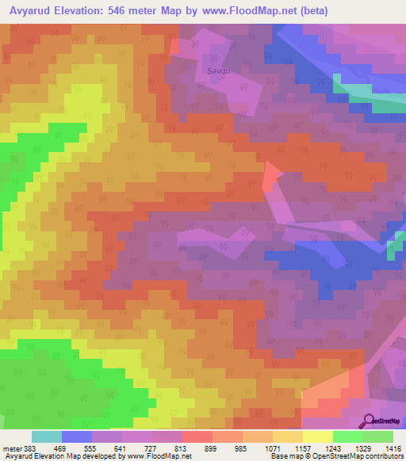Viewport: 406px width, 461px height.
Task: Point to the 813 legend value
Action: pyautogui.click(x=182, y=449)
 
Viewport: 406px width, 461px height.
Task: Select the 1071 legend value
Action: pyautogui.click(x=272, y=449)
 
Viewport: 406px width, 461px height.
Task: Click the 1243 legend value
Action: pyautogui.click(x=332, y=449)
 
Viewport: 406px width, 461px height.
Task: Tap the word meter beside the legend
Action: pyautogui.click(x=12, y=449)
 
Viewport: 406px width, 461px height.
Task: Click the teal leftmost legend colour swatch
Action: pyautogui.click(x=47, y=436)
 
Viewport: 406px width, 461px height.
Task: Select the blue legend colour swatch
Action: pyautogui.click(x=77, y=436)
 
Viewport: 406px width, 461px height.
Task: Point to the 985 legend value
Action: pyautogui.click(x=242, y=449)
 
